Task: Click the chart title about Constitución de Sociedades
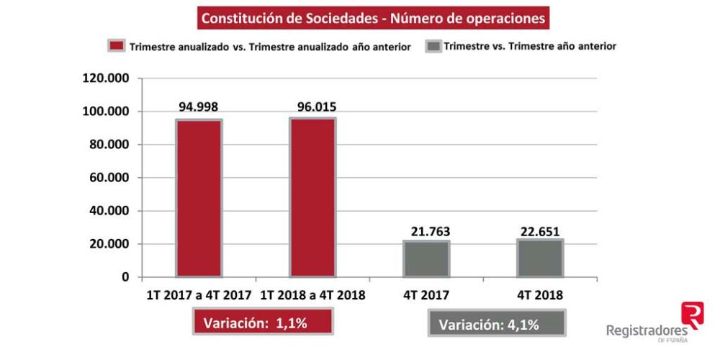click(373, 18)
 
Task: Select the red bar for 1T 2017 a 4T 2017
click(199, 198)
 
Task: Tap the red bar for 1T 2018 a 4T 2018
click(312, 197)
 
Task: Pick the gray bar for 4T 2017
click(426, 258)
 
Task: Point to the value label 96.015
click(313, 107)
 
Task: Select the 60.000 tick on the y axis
click(107, 178)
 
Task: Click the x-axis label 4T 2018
click(540, 295)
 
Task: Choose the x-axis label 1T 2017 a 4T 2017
click(199, 295)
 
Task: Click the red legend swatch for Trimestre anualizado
click(117, 46)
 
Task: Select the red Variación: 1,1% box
click(261, 323)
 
